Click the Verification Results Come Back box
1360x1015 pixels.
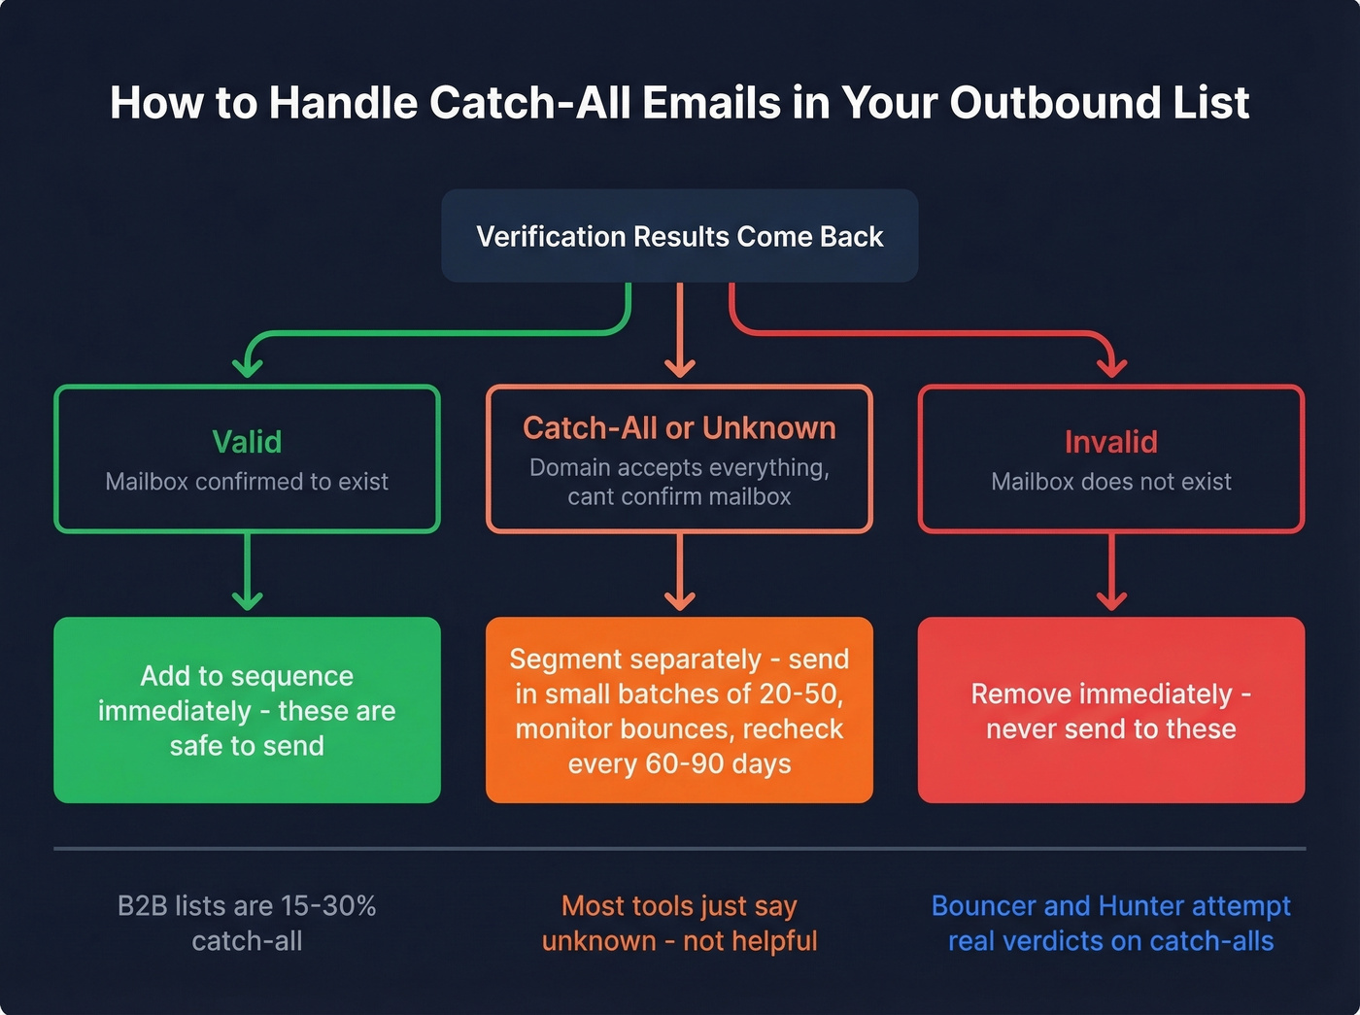680,236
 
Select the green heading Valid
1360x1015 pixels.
247,442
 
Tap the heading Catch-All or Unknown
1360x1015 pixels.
679,428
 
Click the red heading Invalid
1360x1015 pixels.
1111,442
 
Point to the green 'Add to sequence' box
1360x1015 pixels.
247,710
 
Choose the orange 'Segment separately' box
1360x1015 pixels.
679,710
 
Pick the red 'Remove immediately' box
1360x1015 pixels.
1111,710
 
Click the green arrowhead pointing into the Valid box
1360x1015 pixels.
248,367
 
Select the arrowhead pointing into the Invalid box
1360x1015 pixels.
1111,367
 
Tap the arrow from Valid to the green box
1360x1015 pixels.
248,573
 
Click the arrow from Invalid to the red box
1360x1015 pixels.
1111,573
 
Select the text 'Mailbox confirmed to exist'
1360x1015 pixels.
247,482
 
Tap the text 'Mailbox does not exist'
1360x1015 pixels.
1111,482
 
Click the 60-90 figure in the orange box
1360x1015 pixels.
678,764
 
